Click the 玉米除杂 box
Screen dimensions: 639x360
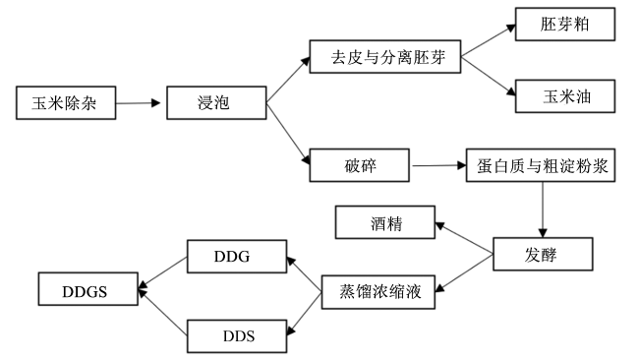pyautogui.click(x=66, y=102)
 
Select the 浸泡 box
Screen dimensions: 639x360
pyautogui.click(x=216, y=102)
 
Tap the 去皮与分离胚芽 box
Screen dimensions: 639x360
pyautogui.click(x=385, y=57)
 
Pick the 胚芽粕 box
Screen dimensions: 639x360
pyautogui.click(x=565, y=24)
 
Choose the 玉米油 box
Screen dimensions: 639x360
pyautogui.click(x=565, y=96)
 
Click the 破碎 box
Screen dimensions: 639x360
pyautogui.click(x=360, y=165)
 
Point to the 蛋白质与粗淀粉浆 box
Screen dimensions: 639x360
pyautogui.click(x=541, y=165)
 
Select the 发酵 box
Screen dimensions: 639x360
pyautogui.click(x=543, y=254)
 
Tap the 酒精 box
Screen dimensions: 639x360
pyautogui.click(x=385, y=222)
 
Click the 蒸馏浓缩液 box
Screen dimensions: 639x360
pyautogui.click(x=378, y=292)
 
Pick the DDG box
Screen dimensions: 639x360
pyautogui.click(x=237, y=257)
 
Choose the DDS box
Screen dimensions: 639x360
pyautogui.click(x=237, y=336)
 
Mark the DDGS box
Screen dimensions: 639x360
pyautogui.click(x=88, y=289)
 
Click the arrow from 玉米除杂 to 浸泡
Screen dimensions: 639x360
pyautogui.click(x=139, y=103)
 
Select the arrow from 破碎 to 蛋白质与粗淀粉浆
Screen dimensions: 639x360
pyautogui.click(x=439, y=165)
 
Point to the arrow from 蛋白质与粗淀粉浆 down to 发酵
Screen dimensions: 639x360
pyautogui.click(x=543, y=210)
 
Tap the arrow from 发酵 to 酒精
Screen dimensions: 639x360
pyautogui.click(x=464, y=238)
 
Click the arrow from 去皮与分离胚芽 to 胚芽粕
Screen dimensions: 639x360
pyautogui.click(x=489, y=40)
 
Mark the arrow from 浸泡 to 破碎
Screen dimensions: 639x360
pyautogui.click(x=288, y=134)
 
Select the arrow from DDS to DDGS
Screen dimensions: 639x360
pyautogui.click(x=162, y=313)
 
